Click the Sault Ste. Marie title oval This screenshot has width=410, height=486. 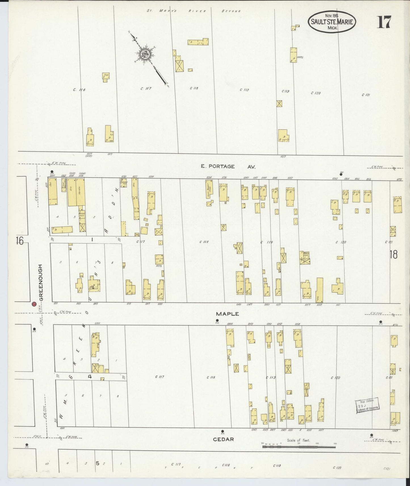point(332,22)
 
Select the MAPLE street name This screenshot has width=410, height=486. point(227,314)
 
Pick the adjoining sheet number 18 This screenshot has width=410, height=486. point(393,254)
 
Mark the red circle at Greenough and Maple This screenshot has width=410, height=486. point(34,304)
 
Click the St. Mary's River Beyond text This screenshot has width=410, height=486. point(194,11)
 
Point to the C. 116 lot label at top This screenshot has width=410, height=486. point(79,90)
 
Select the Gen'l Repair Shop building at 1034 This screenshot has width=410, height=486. point(209,189)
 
